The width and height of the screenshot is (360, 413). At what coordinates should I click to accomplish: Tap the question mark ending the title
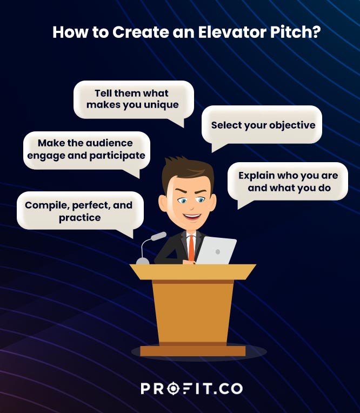[316, 32]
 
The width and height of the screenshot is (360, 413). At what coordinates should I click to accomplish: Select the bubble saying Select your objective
[263, 125]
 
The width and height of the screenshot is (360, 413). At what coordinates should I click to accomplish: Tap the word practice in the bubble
[79, 217]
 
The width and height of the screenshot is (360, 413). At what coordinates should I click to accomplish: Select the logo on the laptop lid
[217, 251]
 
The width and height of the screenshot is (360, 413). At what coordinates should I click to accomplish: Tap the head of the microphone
[158, 237]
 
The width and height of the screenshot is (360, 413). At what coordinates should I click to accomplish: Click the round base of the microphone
[143, 261]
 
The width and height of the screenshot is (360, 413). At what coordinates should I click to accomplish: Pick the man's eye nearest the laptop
[201, 200]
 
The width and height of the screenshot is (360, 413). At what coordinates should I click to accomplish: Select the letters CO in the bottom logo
[231, 388]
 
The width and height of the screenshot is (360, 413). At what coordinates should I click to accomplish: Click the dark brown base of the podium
[193, 351]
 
